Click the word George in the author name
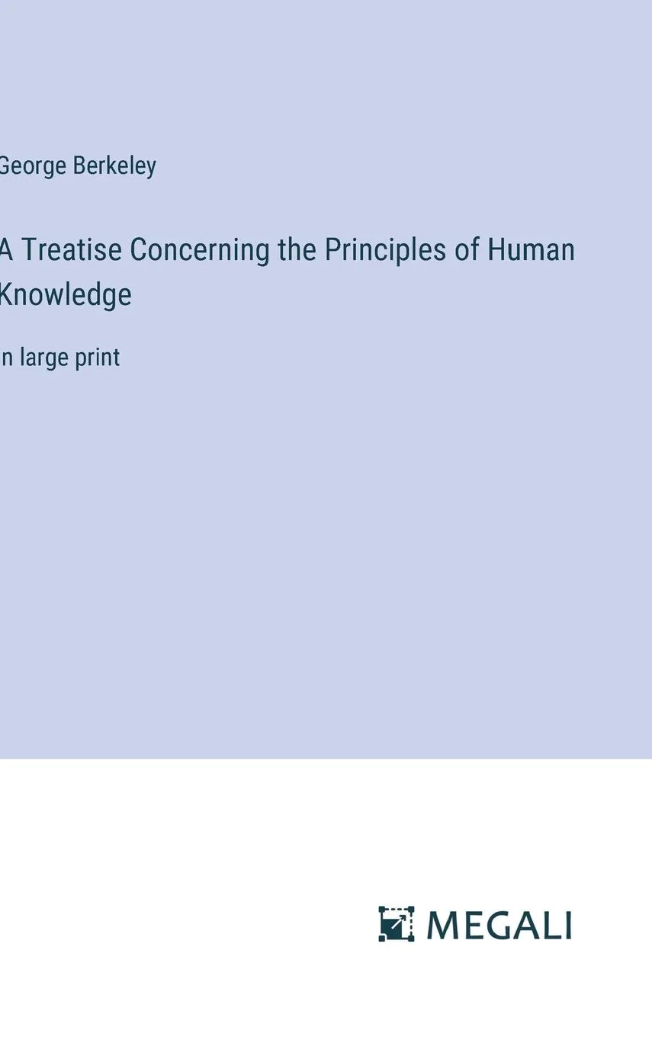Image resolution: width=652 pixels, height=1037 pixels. pos(32,166)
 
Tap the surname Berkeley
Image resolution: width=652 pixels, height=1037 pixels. pos(115,166)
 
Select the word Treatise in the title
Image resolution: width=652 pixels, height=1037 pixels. pos(72,250)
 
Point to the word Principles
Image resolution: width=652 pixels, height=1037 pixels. pos(386,250)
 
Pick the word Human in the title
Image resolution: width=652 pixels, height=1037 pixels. pos(532,250)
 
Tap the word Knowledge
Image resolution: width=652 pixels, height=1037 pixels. pos(66,294)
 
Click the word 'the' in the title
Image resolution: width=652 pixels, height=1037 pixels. pos(297,250)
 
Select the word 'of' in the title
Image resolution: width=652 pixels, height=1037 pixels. pos(467,250)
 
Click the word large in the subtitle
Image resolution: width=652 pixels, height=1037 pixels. pos(43,358)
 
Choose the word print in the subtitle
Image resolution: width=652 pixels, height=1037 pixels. pos(98,358)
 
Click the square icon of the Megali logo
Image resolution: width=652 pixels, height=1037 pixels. pos(397,924)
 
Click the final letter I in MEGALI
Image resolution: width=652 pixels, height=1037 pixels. pos(567,925)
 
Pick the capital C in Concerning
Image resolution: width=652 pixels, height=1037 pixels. pos(139,250)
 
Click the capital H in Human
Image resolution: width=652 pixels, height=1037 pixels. pos(496,250)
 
